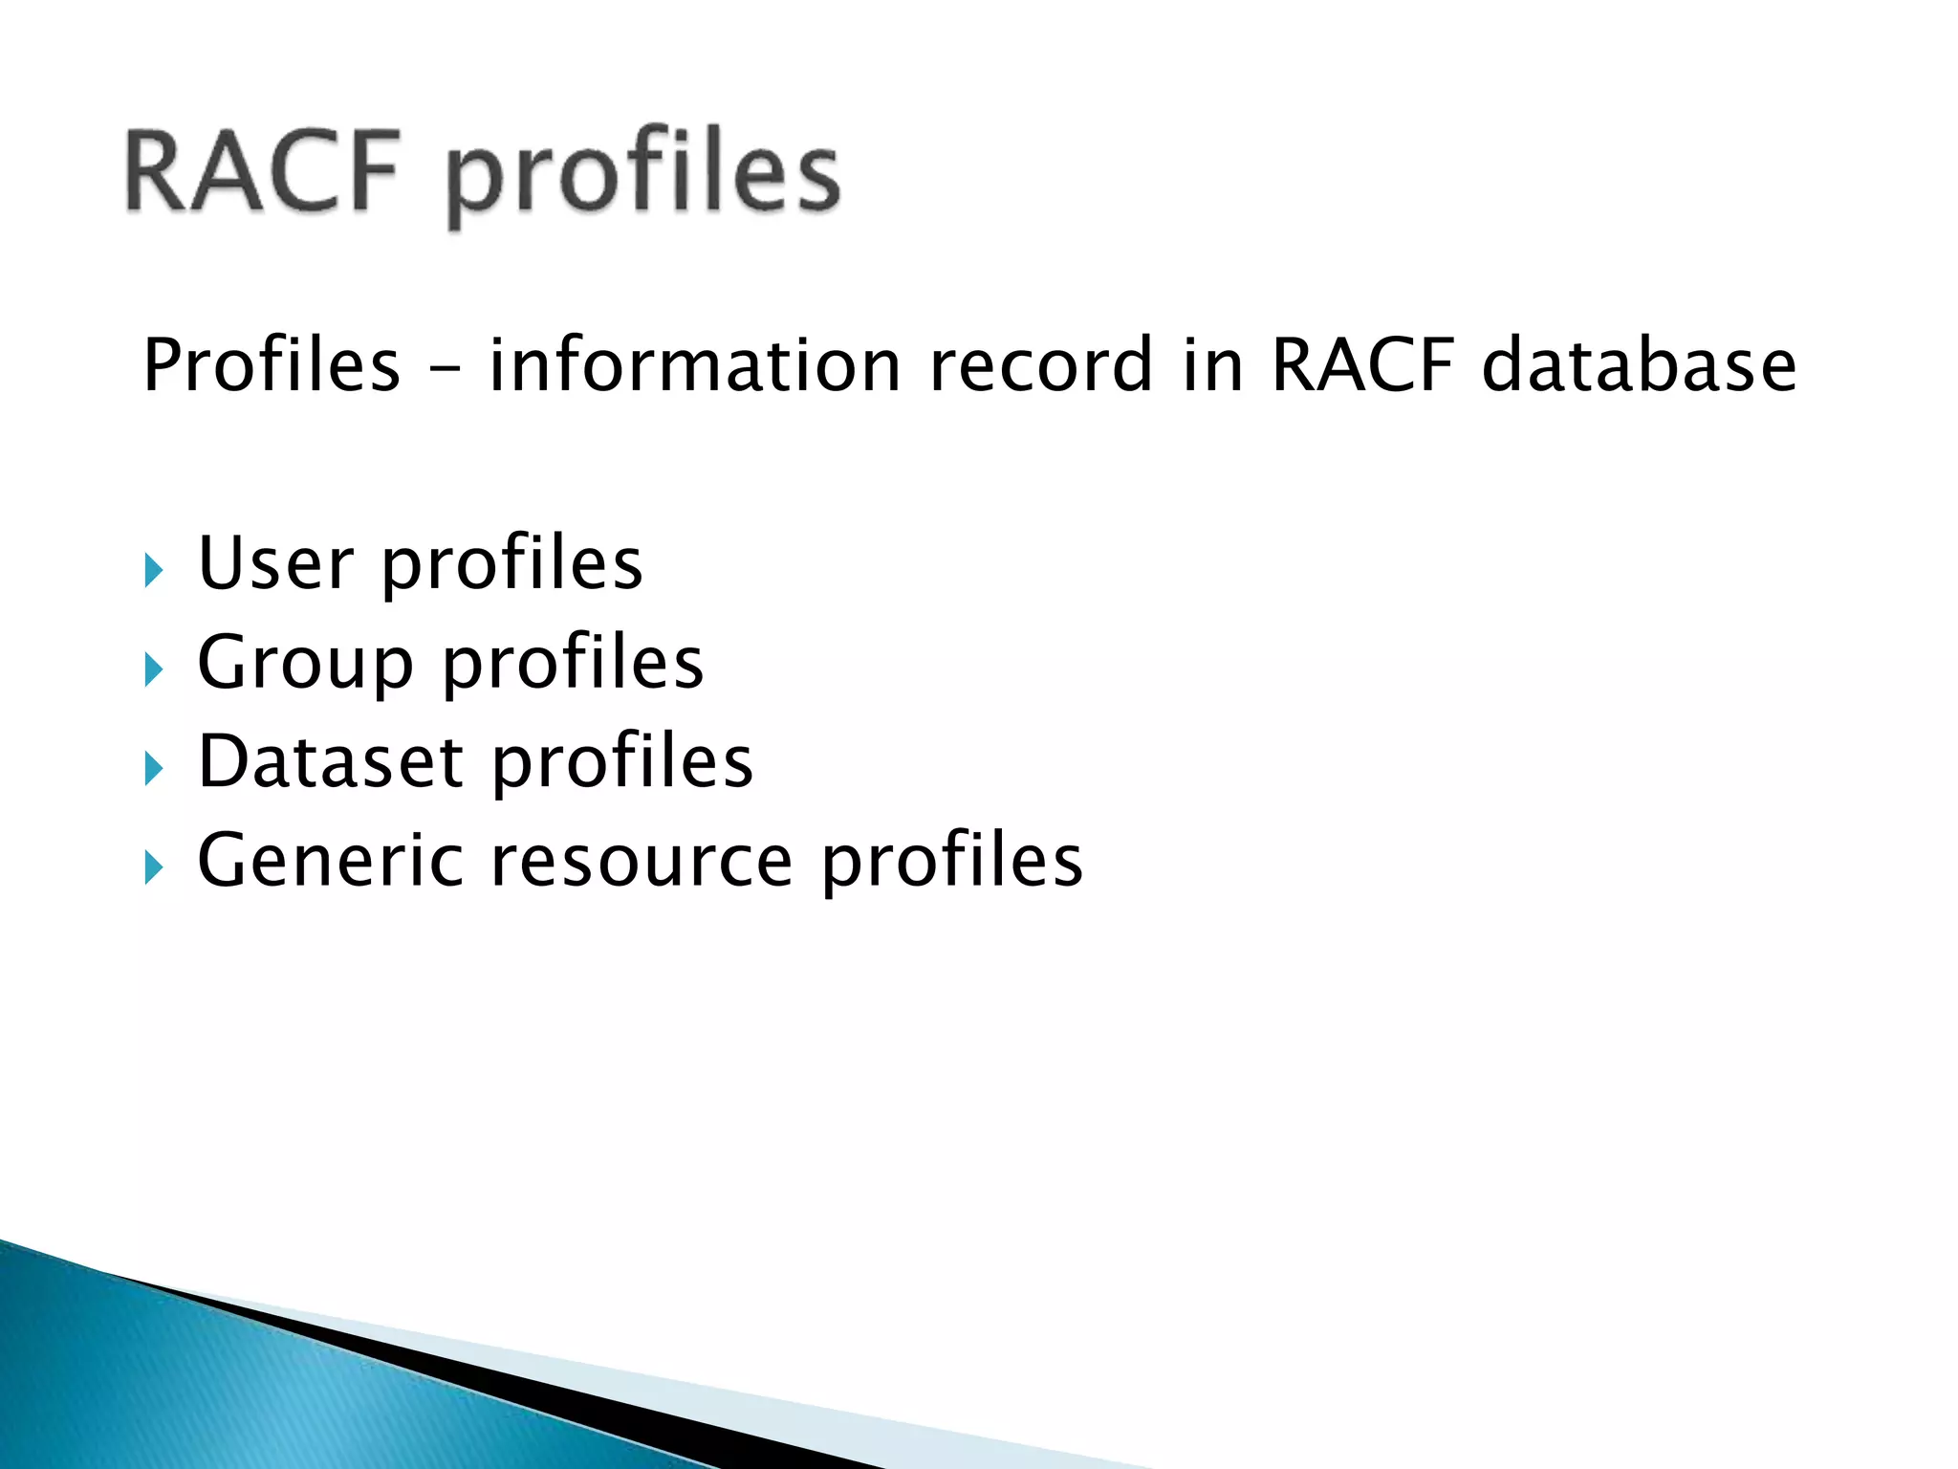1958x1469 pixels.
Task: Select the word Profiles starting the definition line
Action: click(x=272, y=365)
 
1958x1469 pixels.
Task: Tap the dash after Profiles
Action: click(x=445, y=369)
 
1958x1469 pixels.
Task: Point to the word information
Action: click(x=695, y=365)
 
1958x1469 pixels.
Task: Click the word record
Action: click(x=1041, y=365)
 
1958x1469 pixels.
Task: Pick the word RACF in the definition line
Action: click(x=1362, y=365)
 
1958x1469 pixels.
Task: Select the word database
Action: click(x=1639, y=365)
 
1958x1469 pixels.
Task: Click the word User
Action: click(x=275, y=563)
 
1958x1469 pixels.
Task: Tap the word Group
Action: click(x=305, y=664)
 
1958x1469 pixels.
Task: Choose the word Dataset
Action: click(x=331, y=762)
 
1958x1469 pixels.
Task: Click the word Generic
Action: click(x=329, y=861)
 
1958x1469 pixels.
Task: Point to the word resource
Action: click(x=642, y=861)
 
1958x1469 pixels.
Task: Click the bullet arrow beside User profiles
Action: click(x=154, y=571)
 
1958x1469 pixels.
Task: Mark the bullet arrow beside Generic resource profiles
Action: click(x=154, y=867)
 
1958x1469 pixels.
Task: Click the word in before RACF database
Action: click(x=1212, y=365)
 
